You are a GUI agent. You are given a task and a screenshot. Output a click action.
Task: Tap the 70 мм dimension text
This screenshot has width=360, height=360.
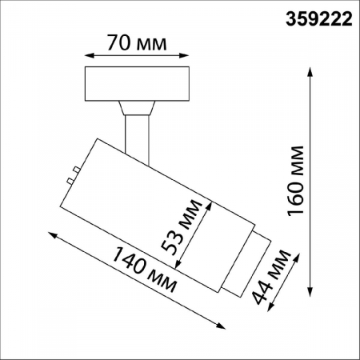point(137,42)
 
